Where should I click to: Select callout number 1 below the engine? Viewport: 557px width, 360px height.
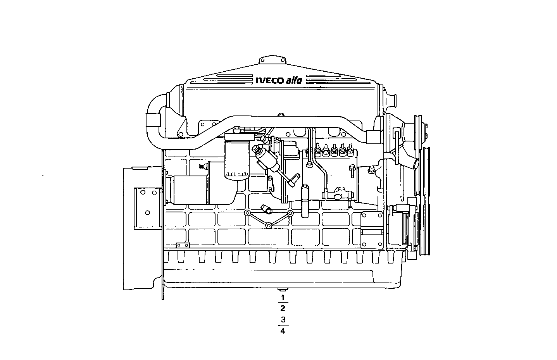pyautogui.click(x=283, y=298)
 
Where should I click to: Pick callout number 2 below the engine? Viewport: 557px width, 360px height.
pyautogui.click(x=283, y=308)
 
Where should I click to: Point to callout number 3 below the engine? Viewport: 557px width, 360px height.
pyautogui.click(x=283, y=320)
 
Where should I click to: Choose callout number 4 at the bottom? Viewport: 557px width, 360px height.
pyautogui.click(x=283, y=331)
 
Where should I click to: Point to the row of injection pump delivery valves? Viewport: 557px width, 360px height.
pyautogui.click(x=333, y=150)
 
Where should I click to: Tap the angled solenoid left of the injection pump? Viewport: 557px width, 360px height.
pyautogui.click(x=267, y=158)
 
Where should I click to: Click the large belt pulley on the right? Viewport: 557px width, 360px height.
pyautogui.click(x=426, y=202)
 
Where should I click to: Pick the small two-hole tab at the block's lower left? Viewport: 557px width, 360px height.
pyautogui.click(x=182, y=245)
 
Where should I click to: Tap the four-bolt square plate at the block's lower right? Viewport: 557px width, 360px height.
pyautogui.click(x=372, y=231)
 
